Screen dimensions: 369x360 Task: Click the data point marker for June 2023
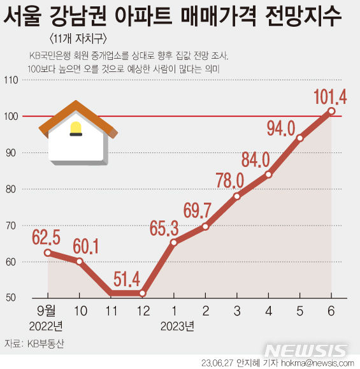point(331,111)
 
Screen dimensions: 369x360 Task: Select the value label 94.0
point(280,128)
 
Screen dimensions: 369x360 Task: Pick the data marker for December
point(142,293)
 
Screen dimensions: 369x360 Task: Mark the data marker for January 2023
point(173,242)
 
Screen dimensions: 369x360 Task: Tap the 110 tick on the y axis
point(11,80)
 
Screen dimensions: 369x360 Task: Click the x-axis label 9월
point(47,312)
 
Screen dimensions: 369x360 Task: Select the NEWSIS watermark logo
point(306,351)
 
